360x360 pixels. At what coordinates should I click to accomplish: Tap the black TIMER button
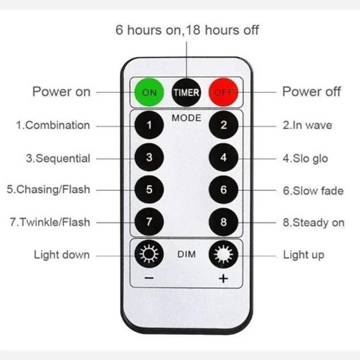click(186, 92)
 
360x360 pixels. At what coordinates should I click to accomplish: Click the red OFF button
click(223, 92)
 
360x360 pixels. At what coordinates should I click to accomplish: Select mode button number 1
click(149, 125)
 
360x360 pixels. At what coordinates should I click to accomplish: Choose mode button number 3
click(149, 158)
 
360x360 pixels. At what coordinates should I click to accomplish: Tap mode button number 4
click(223, 158)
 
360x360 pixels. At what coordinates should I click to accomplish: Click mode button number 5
click(149, 189)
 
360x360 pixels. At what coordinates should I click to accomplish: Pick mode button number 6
click(223, 189)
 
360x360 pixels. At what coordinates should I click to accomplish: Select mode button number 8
click(223, 222)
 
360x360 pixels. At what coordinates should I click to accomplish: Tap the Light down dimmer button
click(149, 254)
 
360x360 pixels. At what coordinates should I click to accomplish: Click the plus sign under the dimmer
click(223, 279)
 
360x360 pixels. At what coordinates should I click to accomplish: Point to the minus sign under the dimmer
click(149, 278)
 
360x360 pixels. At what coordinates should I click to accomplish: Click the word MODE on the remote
click(186, 118)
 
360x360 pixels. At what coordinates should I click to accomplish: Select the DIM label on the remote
click(186, 254)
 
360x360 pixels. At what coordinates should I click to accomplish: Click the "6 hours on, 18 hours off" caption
click(187, 30)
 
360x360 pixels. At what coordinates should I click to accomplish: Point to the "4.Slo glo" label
click(305, 158)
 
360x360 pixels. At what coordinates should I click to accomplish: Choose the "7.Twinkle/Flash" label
click(50, 222)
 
